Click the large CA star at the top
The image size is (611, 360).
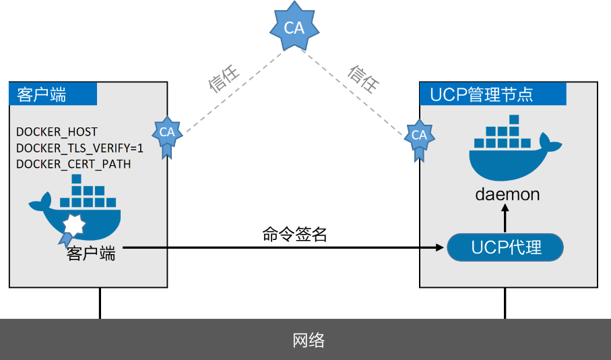point(294,28)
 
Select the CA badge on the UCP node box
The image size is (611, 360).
point(419,136)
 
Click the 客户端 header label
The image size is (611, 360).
point(42,94)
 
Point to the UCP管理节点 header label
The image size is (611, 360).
point(482,94)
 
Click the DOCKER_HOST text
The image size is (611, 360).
point(57,131)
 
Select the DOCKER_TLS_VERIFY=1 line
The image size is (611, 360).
point(79,148)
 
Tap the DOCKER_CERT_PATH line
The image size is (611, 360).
point(73,164)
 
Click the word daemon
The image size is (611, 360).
point(507,195)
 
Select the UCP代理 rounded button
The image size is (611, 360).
point(506,247)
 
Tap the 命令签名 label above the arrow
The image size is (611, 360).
point(294,234)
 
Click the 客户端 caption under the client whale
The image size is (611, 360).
point(91,253)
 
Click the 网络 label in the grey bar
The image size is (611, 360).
point(309,340)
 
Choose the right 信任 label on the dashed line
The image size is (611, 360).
point(364,79)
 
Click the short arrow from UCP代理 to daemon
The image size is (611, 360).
point(505,219)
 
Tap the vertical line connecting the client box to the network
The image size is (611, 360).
point(100,303)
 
